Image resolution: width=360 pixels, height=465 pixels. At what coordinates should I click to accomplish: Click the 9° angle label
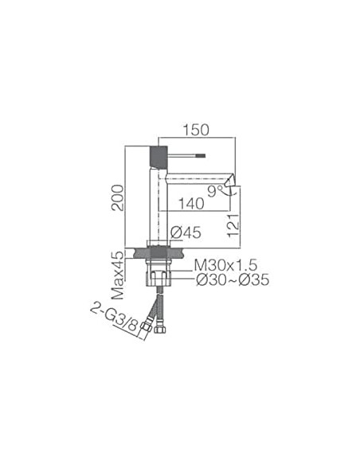[x=215, y=191]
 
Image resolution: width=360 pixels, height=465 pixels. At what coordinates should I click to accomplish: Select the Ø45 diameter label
[x=185, y=232]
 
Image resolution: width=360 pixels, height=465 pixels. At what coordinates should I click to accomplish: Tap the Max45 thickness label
[x=118, y=275]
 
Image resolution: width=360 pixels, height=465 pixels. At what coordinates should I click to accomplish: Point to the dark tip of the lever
[x=201, y=156]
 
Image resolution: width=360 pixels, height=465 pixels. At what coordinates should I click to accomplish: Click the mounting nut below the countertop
[x=159, y=268]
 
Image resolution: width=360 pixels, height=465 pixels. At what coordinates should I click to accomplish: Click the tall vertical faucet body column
[x=158, y=207]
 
